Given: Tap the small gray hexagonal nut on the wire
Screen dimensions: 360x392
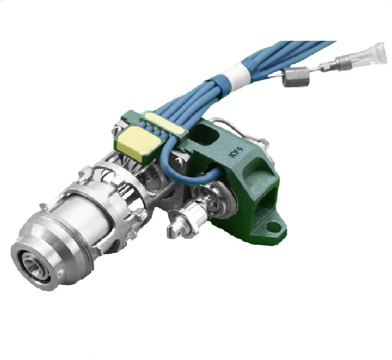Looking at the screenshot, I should point(295,78).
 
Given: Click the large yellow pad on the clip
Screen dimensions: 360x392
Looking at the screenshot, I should point(135,141).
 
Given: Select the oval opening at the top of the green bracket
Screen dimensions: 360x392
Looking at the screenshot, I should point(206,135).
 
